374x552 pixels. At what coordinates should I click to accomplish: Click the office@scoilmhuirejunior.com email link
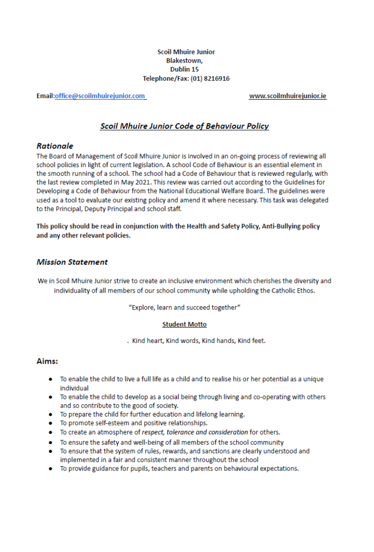coord(100,96)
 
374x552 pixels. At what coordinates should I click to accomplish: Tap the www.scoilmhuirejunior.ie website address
coord(288,96)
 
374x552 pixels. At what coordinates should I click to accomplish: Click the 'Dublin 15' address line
coord(185,70)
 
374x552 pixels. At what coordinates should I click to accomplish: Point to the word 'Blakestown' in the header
coord(183,61)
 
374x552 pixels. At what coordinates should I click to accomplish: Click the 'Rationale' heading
coord(55,146)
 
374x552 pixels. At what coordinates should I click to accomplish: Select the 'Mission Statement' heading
coord(72,262)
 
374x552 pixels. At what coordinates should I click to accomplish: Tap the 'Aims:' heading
coord(47,361)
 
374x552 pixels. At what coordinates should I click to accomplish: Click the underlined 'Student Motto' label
coord(184,325)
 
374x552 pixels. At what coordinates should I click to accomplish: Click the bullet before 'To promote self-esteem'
coord(50,423)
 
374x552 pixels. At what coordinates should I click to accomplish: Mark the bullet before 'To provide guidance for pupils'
coord(50,469)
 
